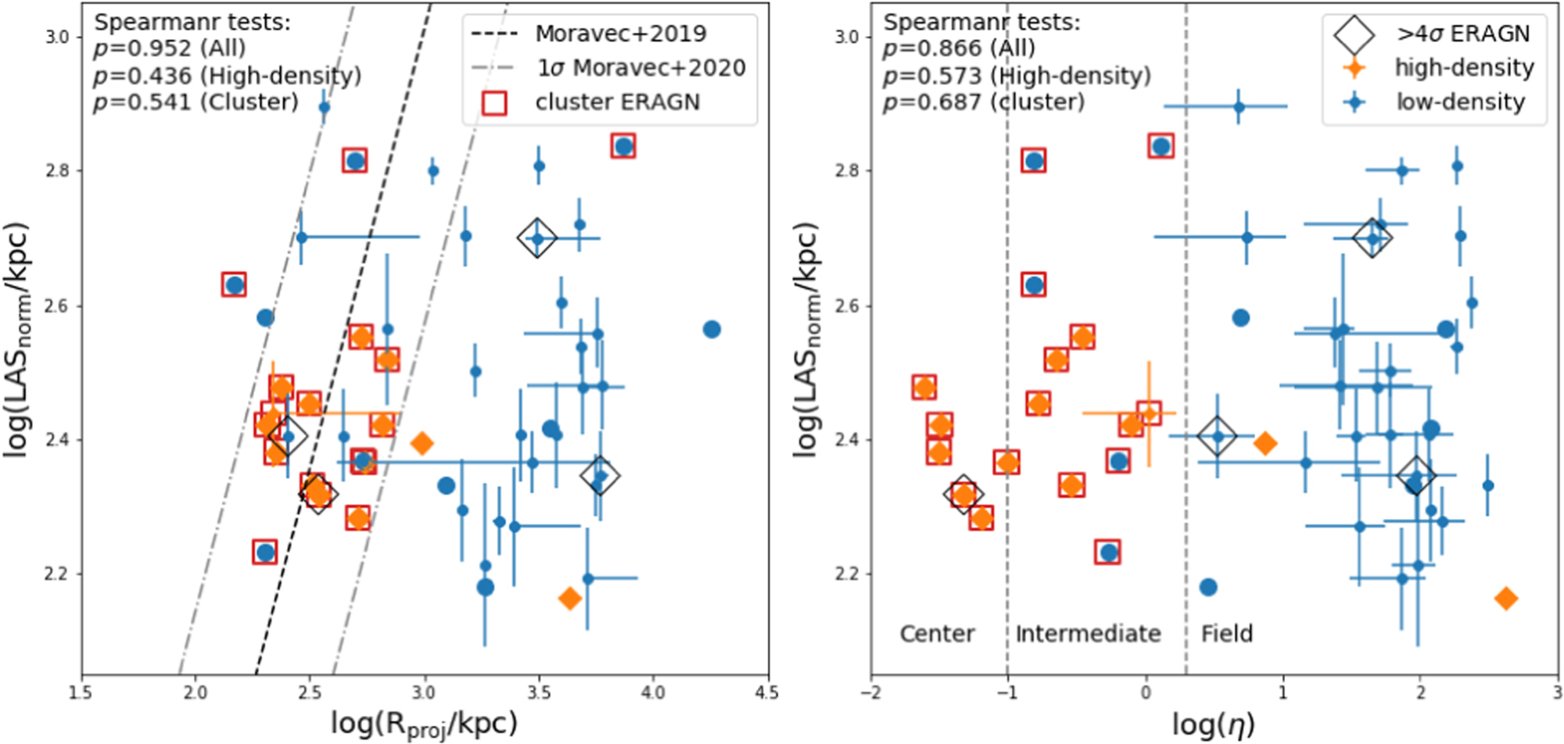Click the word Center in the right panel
[937, 633]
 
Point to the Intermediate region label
[1088, 633]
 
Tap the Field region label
[1227, 633]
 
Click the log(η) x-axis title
[1213, 724]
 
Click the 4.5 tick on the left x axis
[767, 692]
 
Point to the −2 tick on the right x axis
[871, 692]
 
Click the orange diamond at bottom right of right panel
[1505, 599]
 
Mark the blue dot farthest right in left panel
[712, 330]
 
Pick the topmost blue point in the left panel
[325, 108]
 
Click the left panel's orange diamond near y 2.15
[569, 599]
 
